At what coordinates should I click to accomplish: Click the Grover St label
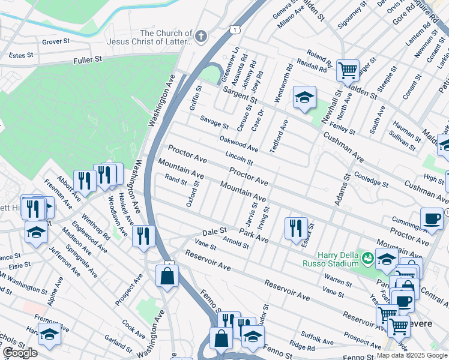(56, 42)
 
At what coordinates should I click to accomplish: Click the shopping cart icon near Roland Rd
(348, 70)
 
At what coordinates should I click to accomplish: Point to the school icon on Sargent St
(304, 97)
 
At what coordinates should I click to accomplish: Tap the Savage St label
(214, 122)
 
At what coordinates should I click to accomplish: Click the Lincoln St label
(239, 158)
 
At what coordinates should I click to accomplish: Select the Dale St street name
(214, 230)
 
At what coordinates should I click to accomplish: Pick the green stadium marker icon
(367, 258)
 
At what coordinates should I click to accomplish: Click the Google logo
(20, 353)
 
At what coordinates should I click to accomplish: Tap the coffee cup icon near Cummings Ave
(432, 218)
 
